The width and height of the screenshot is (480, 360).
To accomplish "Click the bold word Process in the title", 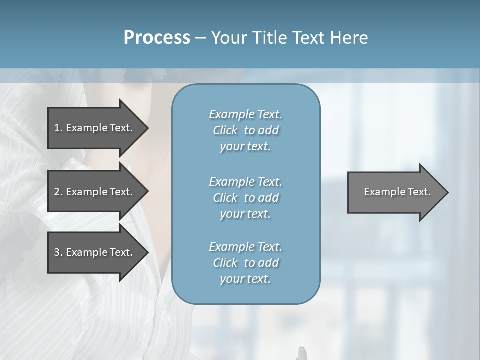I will (157, 38).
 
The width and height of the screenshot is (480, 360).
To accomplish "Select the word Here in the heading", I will (349, 38).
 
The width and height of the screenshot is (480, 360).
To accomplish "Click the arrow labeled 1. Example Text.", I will (95, 128).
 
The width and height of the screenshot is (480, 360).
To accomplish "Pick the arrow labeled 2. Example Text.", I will (95, 192).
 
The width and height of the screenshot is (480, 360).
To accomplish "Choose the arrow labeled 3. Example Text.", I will (95, 252).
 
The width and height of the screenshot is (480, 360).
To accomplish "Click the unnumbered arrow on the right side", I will (395, 192).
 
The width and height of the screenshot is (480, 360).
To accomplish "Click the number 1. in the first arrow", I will (58, 128).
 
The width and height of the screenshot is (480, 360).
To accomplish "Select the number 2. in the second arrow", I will (58, 192).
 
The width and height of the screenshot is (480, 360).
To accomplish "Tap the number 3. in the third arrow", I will (58, 252).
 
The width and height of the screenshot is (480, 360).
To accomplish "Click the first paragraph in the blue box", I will (245, 130).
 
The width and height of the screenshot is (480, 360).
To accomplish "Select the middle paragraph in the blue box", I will (245, 198).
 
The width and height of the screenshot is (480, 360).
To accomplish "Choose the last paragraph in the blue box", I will (245, 263).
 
